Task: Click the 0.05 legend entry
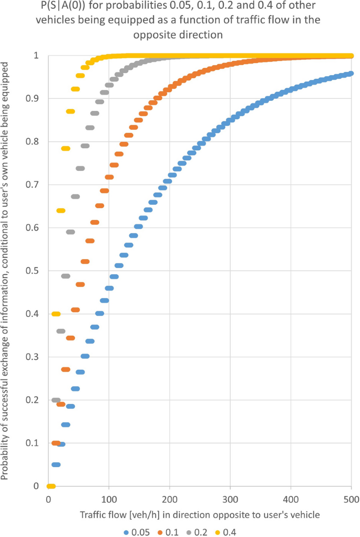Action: tap(139, 532)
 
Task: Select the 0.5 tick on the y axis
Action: tap(33, 271)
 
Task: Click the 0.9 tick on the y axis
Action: tap(33, 98)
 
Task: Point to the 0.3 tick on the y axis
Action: tap(33, 357)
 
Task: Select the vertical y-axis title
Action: tap(6, 271)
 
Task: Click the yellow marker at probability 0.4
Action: tap(56, 314)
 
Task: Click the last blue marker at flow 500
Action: tap(351, 74)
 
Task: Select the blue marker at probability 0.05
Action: tap(56, 464)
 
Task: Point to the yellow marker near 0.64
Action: tap(60, 211)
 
